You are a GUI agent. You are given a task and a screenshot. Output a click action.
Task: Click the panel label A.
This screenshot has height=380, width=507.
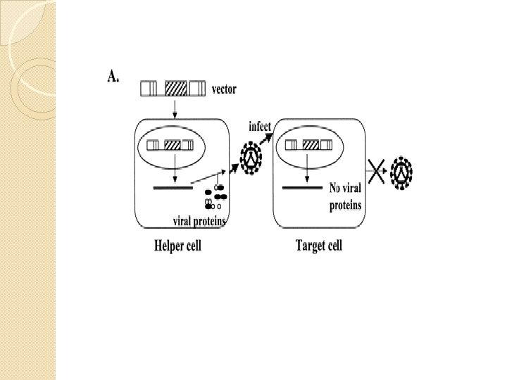click(113, 76)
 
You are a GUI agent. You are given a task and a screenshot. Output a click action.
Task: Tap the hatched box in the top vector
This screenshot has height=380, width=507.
click(175, 89)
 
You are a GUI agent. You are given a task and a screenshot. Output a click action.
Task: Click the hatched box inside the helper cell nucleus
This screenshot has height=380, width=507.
click(173, 146)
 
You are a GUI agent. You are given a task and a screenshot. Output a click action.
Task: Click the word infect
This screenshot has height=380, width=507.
click(260, 126)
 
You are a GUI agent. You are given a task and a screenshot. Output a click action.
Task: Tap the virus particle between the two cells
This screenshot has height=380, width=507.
click(251, 160)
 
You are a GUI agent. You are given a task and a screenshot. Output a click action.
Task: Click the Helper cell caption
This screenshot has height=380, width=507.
click(178, 246)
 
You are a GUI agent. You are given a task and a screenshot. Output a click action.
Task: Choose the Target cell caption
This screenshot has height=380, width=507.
click(318, 246)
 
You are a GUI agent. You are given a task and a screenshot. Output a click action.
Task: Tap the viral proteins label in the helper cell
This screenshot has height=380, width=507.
click(199, 220)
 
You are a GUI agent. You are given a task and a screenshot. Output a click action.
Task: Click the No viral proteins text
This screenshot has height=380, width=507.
click(346, 196)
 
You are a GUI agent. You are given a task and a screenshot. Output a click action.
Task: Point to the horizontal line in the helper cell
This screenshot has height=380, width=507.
click(173, 188)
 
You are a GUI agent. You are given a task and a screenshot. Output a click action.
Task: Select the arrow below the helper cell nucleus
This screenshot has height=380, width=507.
click(173, 170)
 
